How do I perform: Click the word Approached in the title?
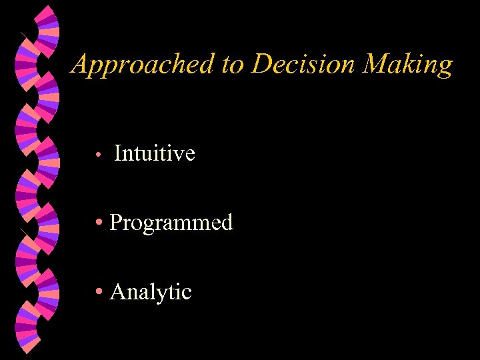(143, 65)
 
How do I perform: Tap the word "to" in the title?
(232, 65)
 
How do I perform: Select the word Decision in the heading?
(303, 65)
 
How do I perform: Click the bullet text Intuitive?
(155, 153)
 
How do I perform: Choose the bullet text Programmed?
(171, 223)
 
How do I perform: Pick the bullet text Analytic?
(151, 292)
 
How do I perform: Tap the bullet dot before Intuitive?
(97, 155)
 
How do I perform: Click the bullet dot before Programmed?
(99, 223)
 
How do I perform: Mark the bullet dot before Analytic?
(99, 293)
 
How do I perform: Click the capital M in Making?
(378, 65)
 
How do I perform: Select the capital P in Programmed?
(116, 223)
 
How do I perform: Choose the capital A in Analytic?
(117, 292)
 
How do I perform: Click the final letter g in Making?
(445, 67)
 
